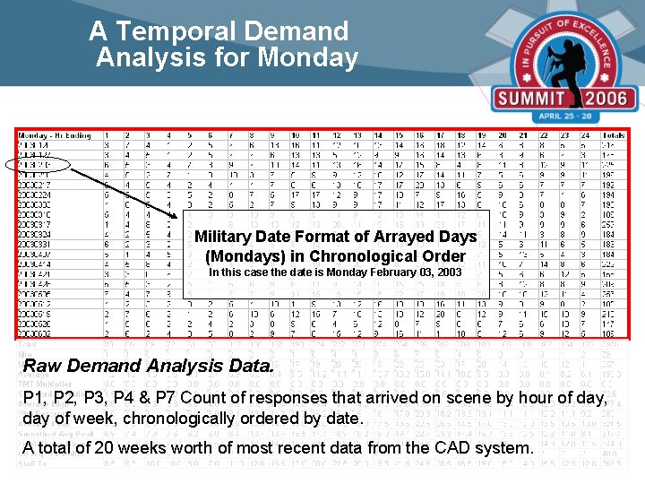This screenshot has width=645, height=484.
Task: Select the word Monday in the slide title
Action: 306,57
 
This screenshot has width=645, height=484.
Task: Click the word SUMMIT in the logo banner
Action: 532,99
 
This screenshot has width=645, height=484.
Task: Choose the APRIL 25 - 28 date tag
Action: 570,117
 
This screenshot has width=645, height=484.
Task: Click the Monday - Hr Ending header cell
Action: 55,135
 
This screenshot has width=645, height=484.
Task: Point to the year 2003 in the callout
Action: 447,272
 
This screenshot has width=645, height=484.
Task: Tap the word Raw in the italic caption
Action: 40,366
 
